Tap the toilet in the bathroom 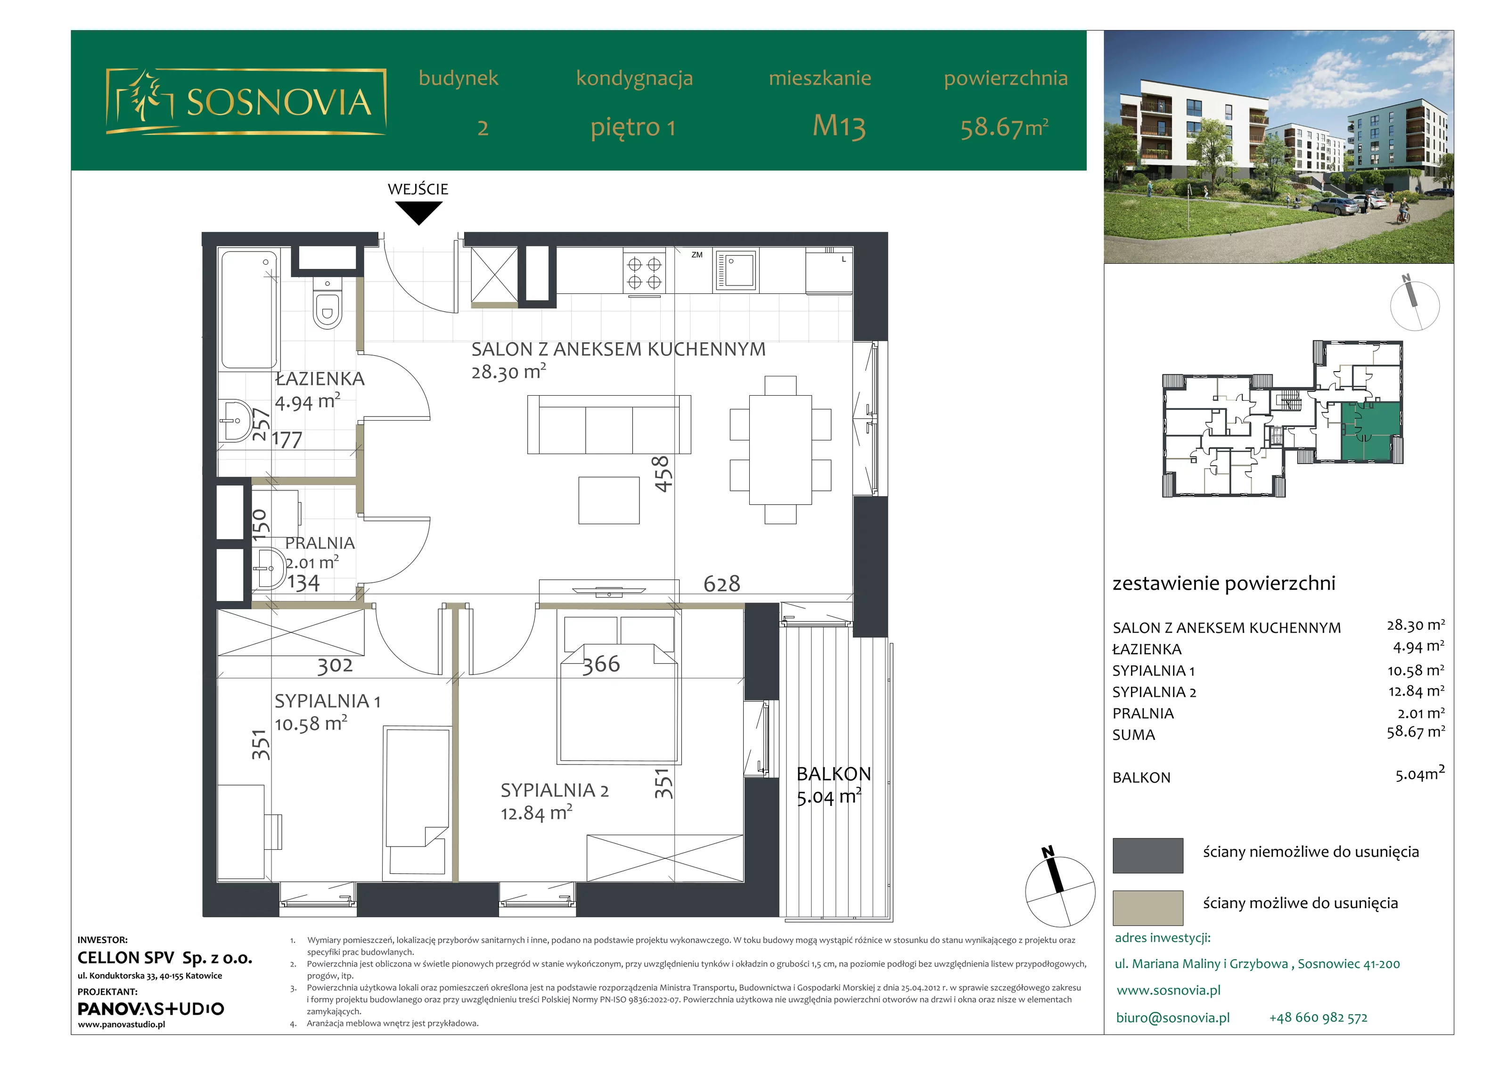click(327, 303)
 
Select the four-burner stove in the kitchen click(644, 272)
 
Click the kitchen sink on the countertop click(736, 270)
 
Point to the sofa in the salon click(609, 424)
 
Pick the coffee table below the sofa click(609, 500)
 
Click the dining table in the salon click(780, 449)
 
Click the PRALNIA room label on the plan click(320, 543)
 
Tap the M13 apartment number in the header click(839, 126)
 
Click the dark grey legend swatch click(1147, 855)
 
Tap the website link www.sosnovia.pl click(1168, 990)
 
